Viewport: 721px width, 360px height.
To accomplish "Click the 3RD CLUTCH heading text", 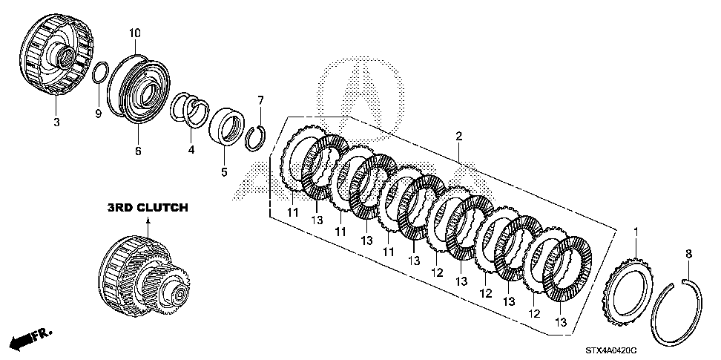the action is (148, 208).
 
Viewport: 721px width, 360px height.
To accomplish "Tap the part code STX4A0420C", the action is (611, 351).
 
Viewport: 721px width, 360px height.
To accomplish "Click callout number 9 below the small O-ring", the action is (97, 114).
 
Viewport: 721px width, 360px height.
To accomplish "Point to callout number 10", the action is (135, 33).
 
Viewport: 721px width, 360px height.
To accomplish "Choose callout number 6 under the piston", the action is (138, 151).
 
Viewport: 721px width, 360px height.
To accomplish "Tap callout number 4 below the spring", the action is (191, 149).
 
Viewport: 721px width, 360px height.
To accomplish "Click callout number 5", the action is (224, 172).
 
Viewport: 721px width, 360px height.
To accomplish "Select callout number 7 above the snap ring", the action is (260, 100).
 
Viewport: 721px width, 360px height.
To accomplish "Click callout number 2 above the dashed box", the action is (458, 136).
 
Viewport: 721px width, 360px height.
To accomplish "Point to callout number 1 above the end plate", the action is (636, 232).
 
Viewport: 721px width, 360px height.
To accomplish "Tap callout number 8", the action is (689, 254).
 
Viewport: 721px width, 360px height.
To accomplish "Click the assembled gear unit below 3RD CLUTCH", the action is (144, 277).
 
